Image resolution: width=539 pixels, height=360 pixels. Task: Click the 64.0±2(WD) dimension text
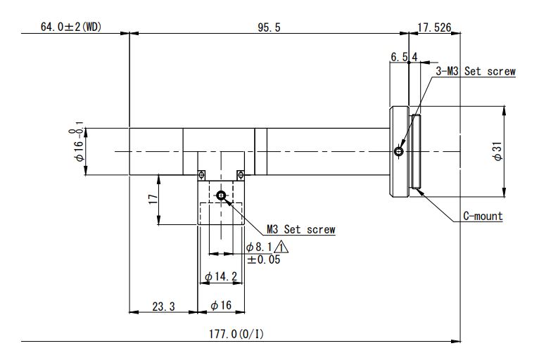pos(71,27)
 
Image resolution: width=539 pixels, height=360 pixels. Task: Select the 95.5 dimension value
pos(269,27)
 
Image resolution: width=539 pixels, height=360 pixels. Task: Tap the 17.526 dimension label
pos(434,27)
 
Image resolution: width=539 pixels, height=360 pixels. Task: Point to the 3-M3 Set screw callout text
pos(476,71)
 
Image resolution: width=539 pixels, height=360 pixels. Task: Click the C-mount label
pos(483,216)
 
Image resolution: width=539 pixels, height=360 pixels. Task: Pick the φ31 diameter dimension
pos(497,151)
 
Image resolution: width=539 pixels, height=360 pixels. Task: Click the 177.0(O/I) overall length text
pos(236,333)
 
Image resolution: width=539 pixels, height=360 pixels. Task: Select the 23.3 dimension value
pos(164,306)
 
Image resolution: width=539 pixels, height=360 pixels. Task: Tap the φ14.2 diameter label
pos(221,276)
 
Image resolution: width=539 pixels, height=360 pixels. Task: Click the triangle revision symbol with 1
pos(281,247)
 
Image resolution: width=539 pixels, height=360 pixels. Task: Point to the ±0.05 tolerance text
pos(264,259)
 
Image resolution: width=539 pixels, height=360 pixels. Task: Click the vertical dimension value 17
pos(153,199)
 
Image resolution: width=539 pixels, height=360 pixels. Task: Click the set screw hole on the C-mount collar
pos(399,151)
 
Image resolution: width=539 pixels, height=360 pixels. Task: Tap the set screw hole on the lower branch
pos(221,195)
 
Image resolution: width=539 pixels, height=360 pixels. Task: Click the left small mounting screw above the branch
pos(201,175)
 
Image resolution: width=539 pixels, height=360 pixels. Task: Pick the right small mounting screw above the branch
pos(241,175)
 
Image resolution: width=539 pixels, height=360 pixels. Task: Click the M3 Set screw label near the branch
pos(300,229)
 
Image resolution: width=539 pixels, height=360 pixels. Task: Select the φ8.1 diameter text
pos(259,247)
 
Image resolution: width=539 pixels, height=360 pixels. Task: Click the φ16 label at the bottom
pos(221,305)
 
